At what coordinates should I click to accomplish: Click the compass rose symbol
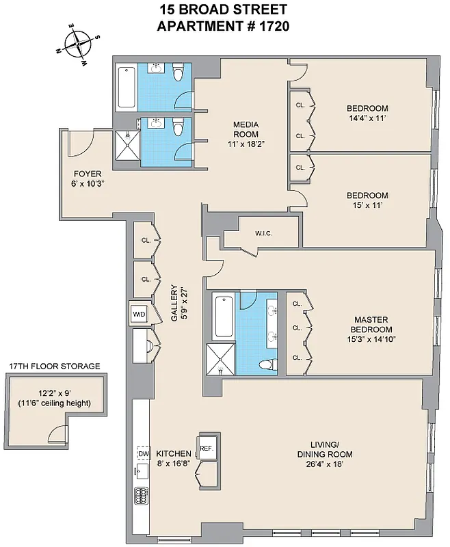pyautogui.click(x=80, y=44)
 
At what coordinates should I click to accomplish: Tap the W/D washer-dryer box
pyautogui.click(x=138, y=315)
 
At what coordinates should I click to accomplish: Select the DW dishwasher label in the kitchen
pyautogui.click(x=143, y=454)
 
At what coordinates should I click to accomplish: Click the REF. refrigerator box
pyautogui.click(x=207, y=448)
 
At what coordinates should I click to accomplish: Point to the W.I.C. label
pyautogui.click(x=264, y=234)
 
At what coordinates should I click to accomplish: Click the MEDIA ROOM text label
pyautogui.click(x=245, y=129)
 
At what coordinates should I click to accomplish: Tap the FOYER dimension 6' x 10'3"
pyautogui.click(x=83, y=183)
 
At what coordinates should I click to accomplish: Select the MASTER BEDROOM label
pyautogui.click(x=371, y=324)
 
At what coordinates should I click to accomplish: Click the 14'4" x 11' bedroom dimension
pyautogui.click(x=367, y=118)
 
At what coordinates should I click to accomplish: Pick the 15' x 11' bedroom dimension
pyautogui.click(x=367, y=204)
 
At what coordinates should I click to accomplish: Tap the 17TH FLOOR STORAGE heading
pyautogui.click(x=54, y=366)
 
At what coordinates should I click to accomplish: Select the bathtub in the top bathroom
pyautogui.click(x=127, y=87)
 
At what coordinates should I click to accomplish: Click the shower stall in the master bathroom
pyautogui.click(x=221, y=359)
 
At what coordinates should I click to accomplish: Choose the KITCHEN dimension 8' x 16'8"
pyautogui.click(x=173, y=463)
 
